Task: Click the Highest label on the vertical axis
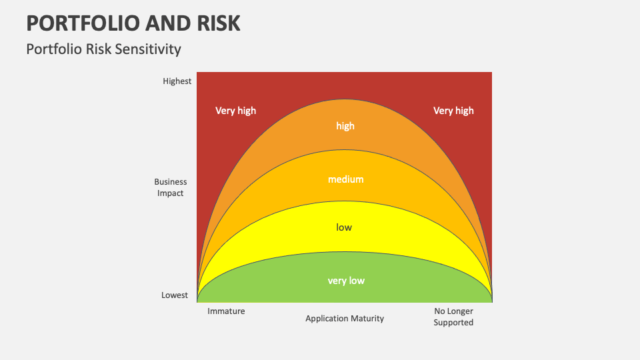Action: click(177, 81)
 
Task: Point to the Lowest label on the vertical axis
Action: click(175, 295)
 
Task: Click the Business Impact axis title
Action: click(171, 187)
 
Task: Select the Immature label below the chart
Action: click(226, 311)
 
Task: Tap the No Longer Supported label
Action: click(453, 317)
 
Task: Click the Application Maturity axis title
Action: click(345, 319)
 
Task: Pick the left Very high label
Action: click(235, 111)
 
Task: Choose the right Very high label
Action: click(453, 111)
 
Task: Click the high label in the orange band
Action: click(345, 126)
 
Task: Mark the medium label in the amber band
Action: click(345, 179)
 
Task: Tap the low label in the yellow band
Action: click(344, 227)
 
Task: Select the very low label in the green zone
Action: click(346, 281)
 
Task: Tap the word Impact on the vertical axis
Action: click(171, 193)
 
